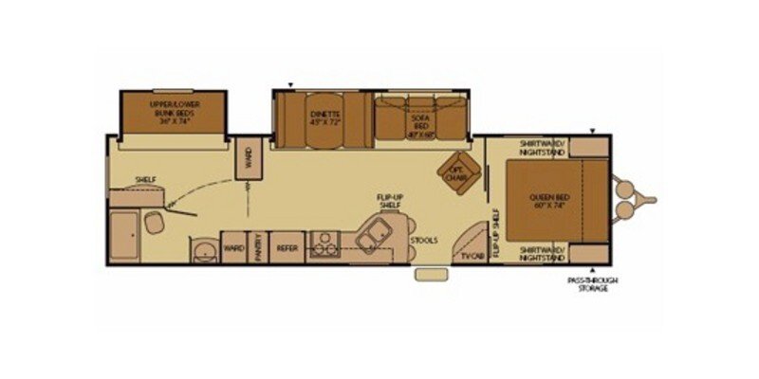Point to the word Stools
tap(424, 241)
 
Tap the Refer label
tap(286, 249)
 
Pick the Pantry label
tap(256, 248)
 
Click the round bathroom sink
tap(202, 251)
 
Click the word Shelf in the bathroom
tap(144, 178)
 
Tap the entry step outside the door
tap(431, 275)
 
